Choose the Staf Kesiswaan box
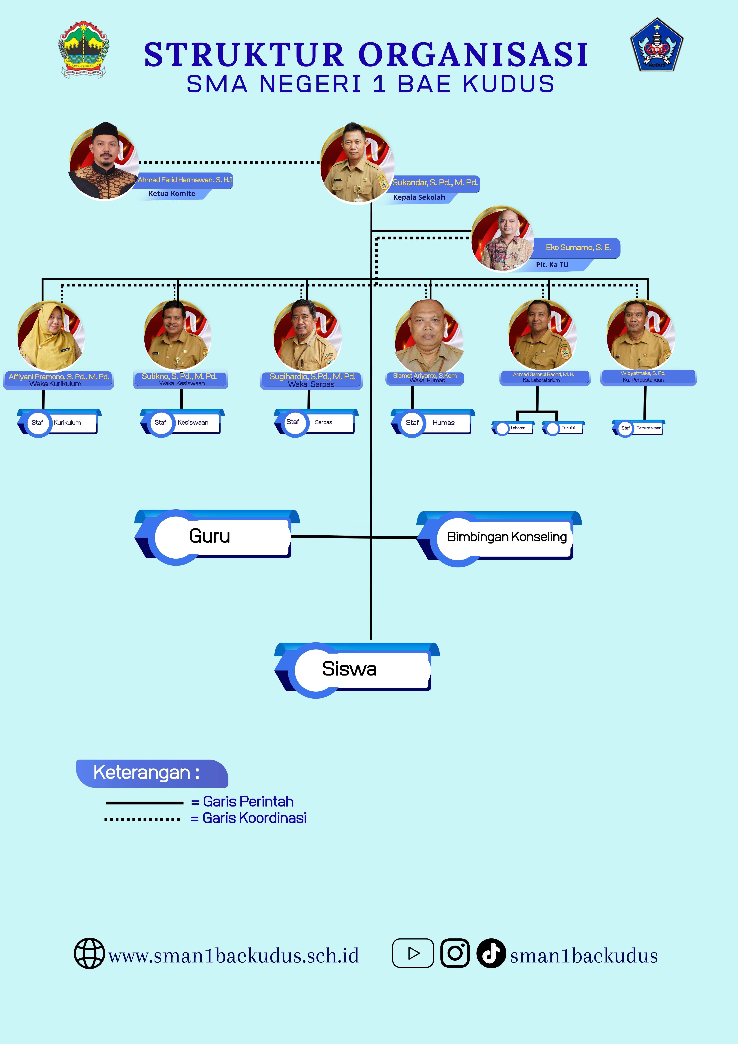pos(182,422)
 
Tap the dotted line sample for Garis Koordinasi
pos(142,819)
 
